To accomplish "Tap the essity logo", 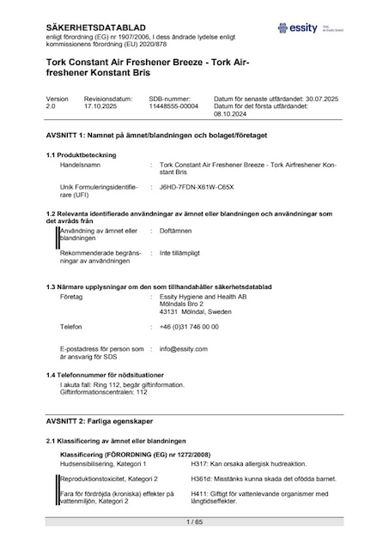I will tap(306, 28).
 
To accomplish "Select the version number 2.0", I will tap(50, 107).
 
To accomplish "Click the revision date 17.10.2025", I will tap(101, 107).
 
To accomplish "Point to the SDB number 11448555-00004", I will tap(173, 107).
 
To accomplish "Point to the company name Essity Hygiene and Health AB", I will tap(203, 296).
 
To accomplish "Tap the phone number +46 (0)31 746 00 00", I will tap(189, 327).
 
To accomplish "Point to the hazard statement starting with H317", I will tap(254, 463).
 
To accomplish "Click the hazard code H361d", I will tap(222, 479).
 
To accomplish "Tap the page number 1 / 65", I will tap(194, 522).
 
